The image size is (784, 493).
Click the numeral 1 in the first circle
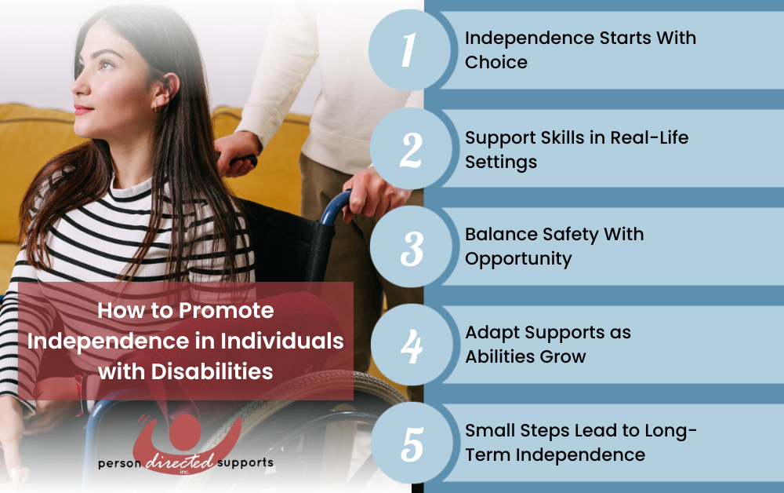coord(409,49)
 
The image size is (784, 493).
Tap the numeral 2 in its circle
coord(411,150)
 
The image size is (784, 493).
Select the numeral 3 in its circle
coord(412,249)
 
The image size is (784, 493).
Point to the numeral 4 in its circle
coord(412,346)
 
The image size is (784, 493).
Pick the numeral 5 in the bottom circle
coord(412,444)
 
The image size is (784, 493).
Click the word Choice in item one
coord(496,63)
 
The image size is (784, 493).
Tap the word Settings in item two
coord(501,163)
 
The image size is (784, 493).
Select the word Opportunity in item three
coord(518,259)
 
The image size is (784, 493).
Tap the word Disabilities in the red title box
coord(212,371)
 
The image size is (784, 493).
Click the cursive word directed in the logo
coord(180,462)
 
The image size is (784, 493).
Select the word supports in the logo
coord(245,462)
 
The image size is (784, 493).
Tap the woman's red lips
coord(82,110)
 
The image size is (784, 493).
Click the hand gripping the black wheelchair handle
coord(237,152)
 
